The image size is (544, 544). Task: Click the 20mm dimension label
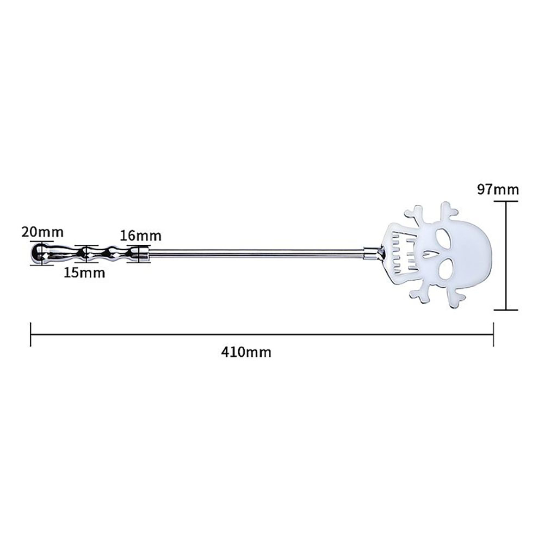click(42, 232)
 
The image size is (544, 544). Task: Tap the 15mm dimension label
click(84, 273)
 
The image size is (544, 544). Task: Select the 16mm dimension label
click(141, 236)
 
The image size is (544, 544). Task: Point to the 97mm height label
click(498, 190)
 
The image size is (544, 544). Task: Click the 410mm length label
click(246, 352)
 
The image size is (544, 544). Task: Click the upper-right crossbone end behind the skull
click(450, 209)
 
